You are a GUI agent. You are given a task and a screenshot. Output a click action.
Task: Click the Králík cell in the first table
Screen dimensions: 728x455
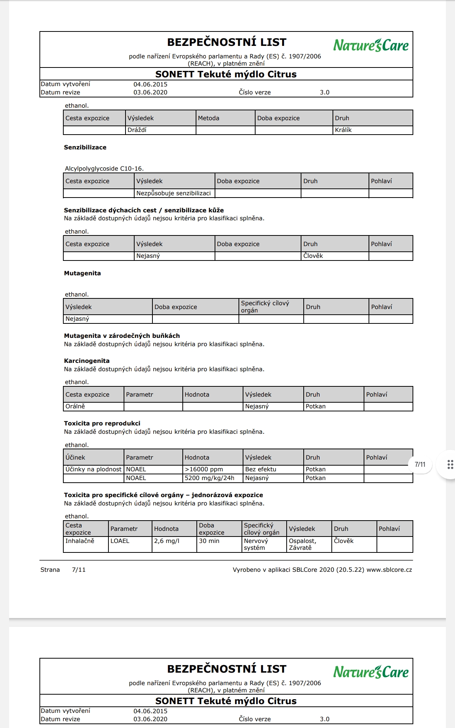343,130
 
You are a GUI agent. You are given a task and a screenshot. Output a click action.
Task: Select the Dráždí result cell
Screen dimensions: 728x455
137,130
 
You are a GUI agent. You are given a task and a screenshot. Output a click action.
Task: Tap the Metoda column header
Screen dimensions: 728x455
209,118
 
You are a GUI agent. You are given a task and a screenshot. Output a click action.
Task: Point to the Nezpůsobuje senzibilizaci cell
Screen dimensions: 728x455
174,193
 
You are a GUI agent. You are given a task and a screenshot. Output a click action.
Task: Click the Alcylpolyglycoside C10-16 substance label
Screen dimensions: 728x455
104,169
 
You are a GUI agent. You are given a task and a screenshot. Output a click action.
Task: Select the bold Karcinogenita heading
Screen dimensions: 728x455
86,361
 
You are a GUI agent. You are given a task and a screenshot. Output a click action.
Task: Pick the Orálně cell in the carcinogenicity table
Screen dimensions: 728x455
75,406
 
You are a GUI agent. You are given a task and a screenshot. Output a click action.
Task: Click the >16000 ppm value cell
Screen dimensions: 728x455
204,469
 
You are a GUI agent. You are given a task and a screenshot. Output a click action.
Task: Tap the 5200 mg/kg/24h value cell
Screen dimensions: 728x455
209,478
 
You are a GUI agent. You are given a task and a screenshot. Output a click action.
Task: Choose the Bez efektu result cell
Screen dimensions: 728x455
260,469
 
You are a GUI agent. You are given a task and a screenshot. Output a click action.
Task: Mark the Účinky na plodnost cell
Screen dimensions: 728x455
93,469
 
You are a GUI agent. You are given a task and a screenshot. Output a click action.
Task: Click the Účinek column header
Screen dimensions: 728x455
75,458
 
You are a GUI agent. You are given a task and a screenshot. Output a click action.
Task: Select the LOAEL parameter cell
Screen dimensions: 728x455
120,541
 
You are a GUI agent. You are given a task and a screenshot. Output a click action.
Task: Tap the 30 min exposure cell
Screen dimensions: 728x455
209,541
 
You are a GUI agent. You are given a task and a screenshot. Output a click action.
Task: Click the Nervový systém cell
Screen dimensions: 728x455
256,544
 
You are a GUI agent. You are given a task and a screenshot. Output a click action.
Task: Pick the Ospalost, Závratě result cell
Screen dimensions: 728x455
302,544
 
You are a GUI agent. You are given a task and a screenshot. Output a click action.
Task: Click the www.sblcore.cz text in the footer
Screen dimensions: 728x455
389,570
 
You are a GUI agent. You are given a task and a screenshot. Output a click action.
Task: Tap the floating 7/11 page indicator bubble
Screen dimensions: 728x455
420,464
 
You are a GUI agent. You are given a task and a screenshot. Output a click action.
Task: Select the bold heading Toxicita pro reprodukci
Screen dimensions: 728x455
102,424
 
